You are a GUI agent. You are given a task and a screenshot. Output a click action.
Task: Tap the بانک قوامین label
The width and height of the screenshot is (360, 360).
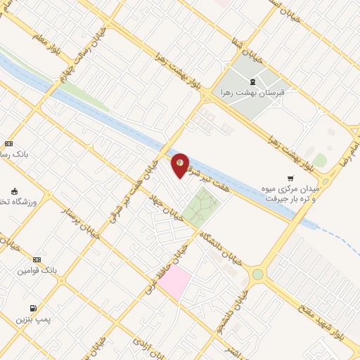(x=37, y=270)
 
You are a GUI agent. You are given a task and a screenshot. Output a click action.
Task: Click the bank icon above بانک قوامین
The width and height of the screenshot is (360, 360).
(x=37, y=259)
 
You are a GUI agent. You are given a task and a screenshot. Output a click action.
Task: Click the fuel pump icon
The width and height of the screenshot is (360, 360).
(x=33, y=308)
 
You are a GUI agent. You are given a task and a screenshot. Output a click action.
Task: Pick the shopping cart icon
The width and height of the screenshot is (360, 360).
(x=290, y=179)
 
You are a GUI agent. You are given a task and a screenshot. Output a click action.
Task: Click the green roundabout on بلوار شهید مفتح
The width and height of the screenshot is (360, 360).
(x=258, y=274)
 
